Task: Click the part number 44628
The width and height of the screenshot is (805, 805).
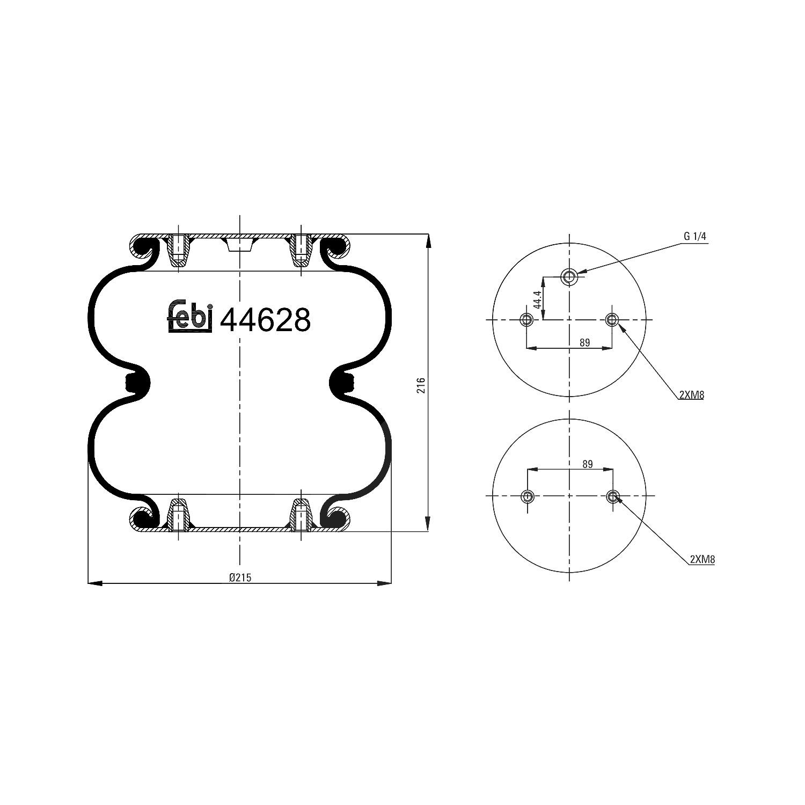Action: click(x=265, y=320)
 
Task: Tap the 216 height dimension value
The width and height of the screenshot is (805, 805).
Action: click(x=421, y=385)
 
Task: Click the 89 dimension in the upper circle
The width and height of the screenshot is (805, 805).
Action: click(x=584, y=342)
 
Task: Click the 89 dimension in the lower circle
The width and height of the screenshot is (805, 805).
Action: click(x=587, y=464)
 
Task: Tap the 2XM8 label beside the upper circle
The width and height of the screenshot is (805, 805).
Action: click(x=691, y=395)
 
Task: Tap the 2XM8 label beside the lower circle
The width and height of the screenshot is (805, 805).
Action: click(x=702, y=559)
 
